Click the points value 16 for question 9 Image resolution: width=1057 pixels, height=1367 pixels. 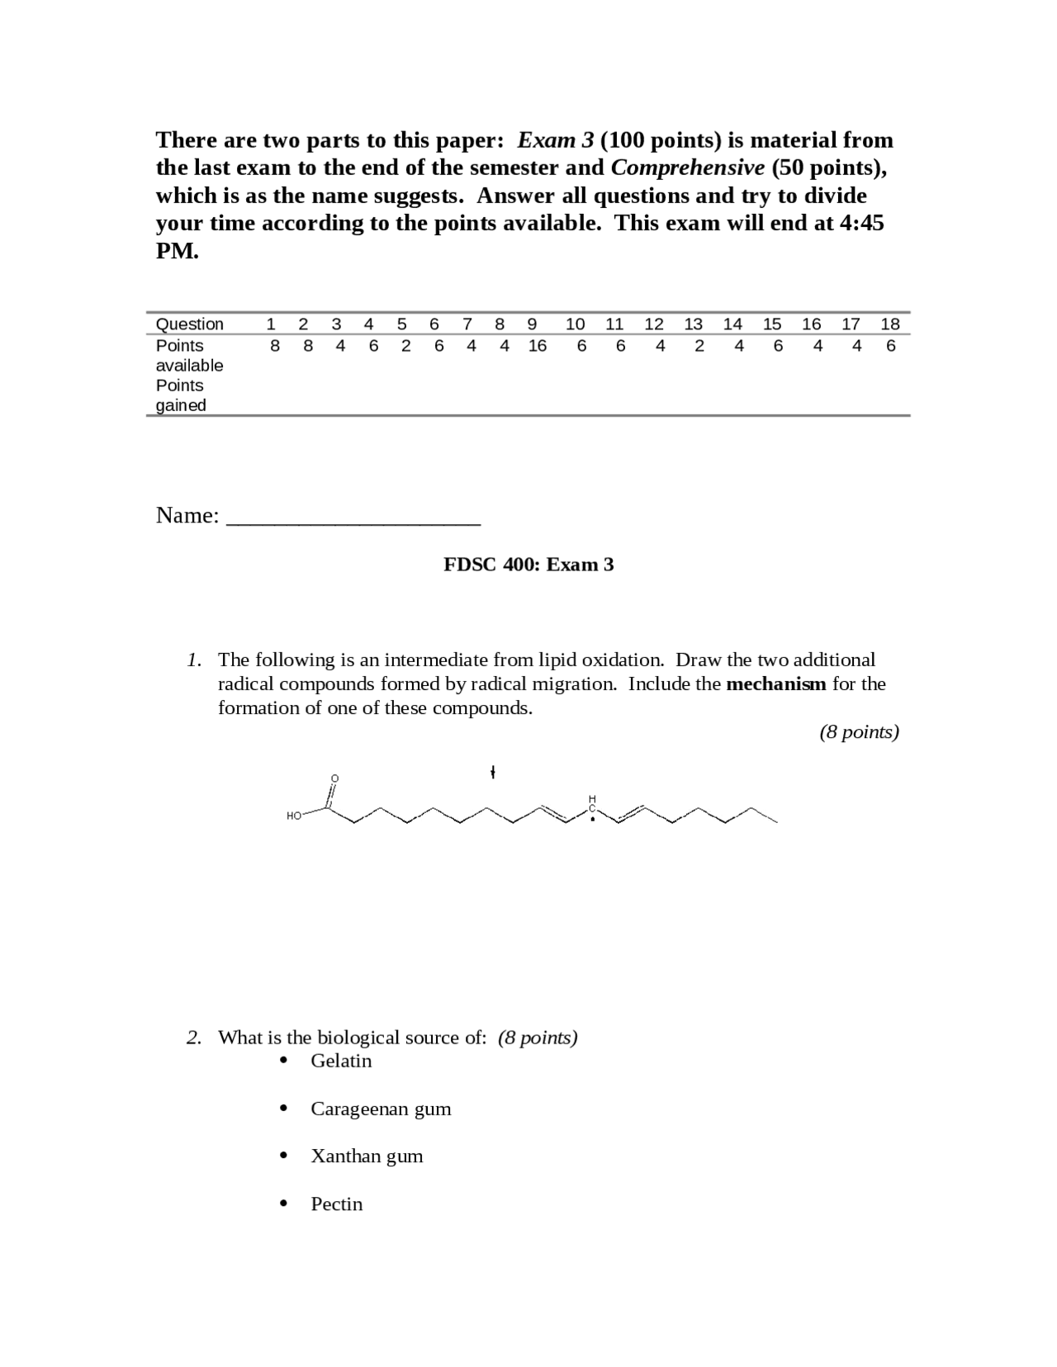tap(537, 346)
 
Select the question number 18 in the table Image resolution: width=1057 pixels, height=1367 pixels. tap(889, 324)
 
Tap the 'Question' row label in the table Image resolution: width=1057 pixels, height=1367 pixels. tap(189, 324)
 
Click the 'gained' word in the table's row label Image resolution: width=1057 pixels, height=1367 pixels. tap(181, 405)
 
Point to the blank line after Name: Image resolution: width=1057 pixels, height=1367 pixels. tap(353, 518)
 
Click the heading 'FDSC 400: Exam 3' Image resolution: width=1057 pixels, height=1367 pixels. tap(528, 565)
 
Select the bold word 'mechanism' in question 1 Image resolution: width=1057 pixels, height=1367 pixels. tap(775, 683)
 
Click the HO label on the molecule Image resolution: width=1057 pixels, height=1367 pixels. tap(294, 816)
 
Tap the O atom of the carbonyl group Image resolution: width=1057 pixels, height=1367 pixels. tap(334, 778)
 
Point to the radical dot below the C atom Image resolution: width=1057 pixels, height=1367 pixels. tap(592, 821)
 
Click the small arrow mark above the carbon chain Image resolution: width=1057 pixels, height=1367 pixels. tap(492, 773)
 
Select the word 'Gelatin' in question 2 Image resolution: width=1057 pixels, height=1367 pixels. tap(341, 1061)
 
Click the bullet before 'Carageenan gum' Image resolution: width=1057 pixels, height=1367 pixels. tap(284, 1109)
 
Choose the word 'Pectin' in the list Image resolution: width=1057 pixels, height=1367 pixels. tap(336, 1204)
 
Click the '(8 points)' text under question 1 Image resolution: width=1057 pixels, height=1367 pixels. tap(859, 731)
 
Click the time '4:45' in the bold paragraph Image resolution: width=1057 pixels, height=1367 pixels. tap(861, 223)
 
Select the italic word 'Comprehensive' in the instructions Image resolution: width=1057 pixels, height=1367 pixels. tap(687, 168)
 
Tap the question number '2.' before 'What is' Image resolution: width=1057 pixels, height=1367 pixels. tap(194, 1038)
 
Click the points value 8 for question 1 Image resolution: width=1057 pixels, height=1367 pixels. tap(275, 346)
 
